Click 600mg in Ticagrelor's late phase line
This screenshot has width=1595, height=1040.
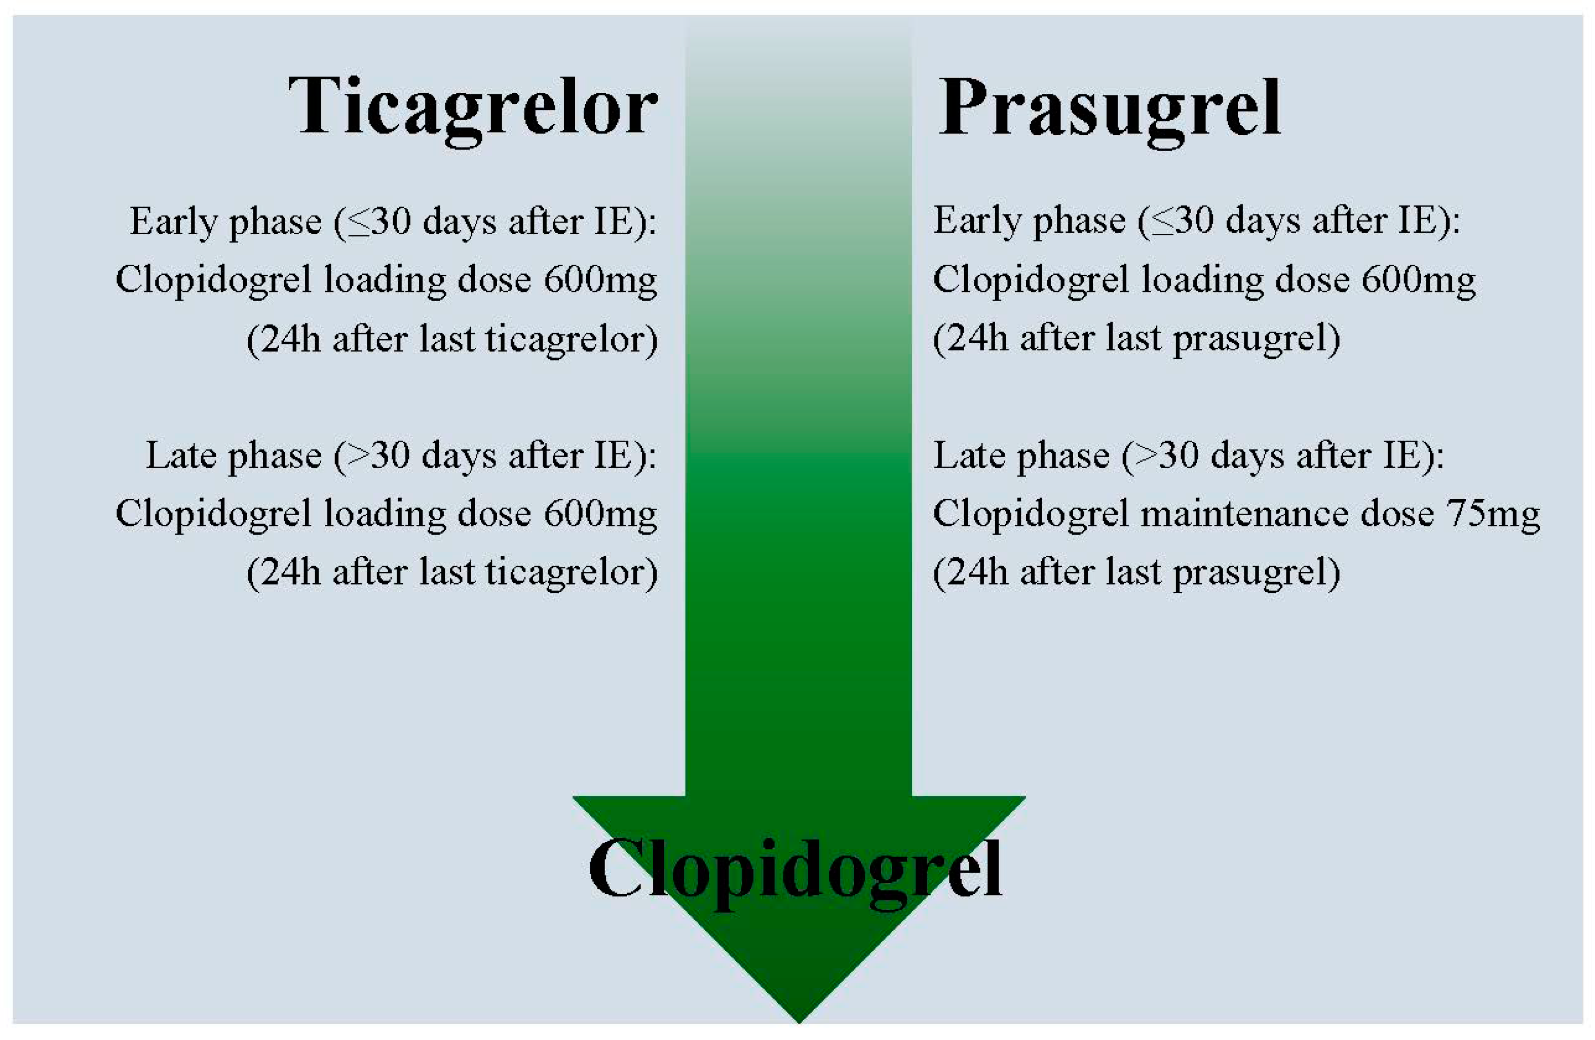(600, 514)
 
